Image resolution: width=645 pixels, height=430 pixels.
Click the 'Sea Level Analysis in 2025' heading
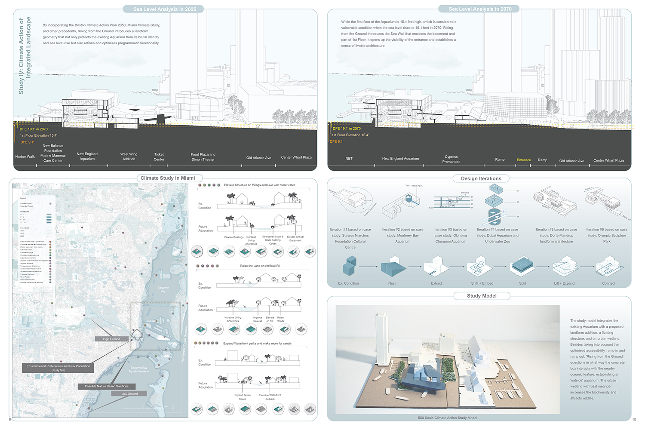tap(165, 9)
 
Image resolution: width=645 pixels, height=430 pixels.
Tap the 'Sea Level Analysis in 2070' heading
tap(480, 9)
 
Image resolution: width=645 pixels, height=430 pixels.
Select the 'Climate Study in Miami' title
tap(168, 178)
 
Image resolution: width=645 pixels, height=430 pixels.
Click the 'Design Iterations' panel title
tap(481, 178)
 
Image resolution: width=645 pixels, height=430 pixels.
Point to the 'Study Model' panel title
tap(482, 296)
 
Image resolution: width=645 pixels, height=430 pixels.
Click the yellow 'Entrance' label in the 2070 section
tap(523, 160)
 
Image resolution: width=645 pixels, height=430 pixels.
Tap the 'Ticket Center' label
tap(159, 157)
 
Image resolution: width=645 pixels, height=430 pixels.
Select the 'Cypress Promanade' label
tap(451, 159)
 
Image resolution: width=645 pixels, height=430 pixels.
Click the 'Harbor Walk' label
tap(25, 157)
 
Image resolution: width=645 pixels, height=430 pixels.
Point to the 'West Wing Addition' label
tap(129, 157)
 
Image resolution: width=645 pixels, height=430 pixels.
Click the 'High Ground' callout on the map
tap(111, 339)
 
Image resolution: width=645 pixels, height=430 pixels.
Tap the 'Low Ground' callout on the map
tap(129, 393)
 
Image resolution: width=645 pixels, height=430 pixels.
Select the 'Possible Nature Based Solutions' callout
tap(107, 386)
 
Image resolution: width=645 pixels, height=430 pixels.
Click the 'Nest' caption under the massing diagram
tap(392, 283)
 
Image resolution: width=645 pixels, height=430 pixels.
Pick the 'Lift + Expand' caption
tap(564, 283)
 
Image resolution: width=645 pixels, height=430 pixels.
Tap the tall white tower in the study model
tap(381, 340)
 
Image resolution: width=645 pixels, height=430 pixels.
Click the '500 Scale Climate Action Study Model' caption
tap(447, 418)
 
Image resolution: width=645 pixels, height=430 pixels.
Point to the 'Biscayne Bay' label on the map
tap(163, 289)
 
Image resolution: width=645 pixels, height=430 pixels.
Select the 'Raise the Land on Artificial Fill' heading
tap(260, 266)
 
